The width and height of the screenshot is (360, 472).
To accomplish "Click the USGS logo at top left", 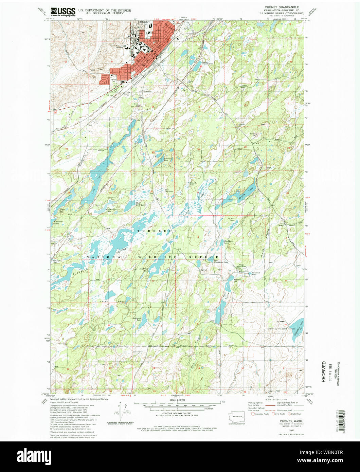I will coord(63,12).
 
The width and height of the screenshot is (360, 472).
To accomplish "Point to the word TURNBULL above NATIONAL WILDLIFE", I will coord(157,231).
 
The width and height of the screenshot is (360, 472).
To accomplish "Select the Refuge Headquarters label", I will coord(241,266).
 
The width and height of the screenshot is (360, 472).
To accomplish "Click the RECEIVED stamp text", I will coord(323,371).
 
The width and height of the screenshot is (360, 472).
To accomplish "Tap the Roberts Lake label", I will coord(193,184).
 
